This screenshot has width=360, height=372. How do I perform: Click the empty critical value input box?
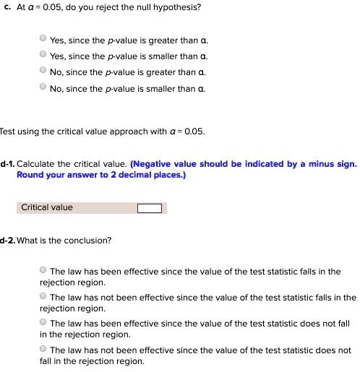[150, 208]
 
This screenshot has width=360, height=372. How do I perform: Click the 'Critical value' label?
[47, 208]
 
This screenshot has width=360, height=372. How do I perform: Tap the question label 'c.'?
[7, 7]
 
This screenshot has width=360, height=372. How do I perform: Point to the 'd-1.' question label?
[8, 164]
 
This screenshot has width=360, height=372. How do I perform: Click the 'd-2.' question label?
[8, 240]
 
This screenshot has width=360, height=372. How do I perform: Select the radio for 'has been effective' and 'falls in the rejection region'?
[44, 271]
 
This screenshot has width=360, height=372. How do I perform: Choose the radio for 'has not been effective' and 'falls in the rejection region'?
[44, 296]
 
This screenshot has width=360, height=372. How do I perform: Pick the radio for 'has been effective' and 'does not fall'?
[44, 322]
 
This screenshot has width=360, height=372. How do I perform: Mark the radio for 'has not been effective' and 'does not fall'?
[44, 348]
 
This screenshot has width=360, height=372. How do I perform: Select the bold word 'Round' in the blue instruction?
[30, 175]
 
